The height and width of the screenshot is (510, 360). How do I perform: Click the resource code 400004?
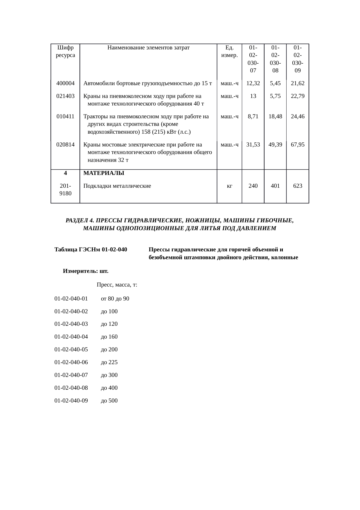pyautogui.click(x=65, y=84)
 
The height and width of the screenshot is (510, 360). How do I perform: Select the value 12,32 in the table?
pyautogui.click(x=253, y=84)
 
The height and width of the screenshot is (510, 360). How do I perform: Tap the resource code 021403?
pyautogui.click(x=65, y=96)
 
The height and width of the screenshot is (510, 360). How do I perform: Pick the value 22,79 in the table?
pyautogui.click(x=298, y=96)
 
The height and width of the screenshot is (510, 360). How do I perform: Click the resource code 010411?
pyautogui.click(x=65, y=117)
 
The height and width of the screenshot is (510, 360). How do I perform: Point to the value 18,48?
pyautogui.click(x=275, y=117)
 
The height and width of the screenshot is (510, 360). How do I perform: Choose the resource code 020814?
pyautogui.click(x=65, y=145)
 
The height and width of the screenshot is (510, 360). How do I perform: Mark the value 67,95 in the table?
pyautogui.click(x=298, y=145)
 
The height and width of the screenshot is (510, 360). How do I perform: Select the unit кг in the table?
pyautogui.click(x=229, y=186)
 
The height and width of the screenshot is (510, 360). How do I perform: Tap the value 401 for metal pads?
pyautogui.click(x=275, y=186)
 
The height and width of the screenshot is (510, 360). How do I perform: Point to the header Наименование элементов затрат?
pyautogui.click(x=148, y=48)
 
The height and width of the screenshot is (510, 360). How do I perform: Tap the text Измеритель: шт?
pyautogui.click(x=86, y=271)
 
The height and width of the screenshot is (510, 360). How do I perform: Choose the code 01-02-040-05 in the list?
pyautogui.click(x=71, y=350)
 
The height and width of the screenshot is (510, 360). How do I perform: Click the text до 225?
pyautogui.click(x=109, y=362)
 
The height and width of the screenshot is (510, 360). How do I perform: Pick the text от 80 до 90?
pyautogui.click(x=115, y=299)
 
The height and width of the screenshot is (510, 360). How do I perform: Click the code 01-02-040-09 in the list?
pyautogui.click(x=71, y=401)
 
